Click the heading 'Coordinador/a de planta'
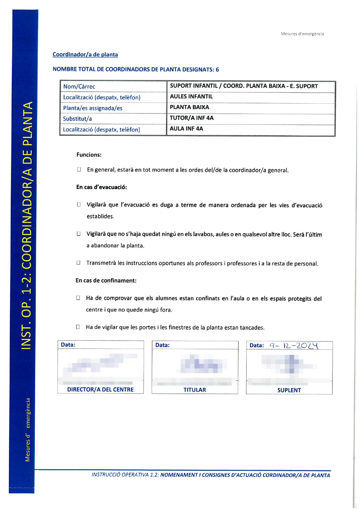(x=85, y=55)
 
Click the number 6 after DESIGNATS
(x=217, y=70)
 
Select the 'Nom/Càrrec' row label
(x=79, y=87)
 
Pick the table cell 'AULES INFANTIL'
(x=191, y=97)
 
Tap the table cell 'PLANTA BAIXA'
(x=189, y=107)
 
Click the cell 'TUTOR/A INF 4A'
(x=192, y=118)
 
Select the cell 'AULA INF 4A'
(x=186, y=129)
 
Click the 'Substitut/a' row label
(x=77, y=119)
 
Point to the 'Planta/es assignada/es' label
(x=93, y=108)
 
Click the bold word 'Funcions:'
(x=89, y=155)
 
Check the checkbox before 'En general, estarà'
(x=79, y=169)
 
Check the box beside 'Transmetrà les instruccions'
(x=78, y=263)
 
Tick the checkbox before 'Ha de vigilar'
(x=78, y=327)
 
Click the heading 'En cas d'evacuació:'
(x=101, y=187)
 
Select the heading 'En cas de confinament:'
(x=106, y=281)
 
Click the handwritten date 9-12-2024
(x=294, y=346)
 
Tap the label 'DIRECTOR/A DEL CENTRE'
(x=100, y=390)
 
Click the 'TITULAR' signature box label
(x=195, y=390)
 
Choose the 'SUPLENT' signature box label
(x=289, y=390)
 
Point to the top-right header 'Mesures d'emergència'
(x=302, y=34)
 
